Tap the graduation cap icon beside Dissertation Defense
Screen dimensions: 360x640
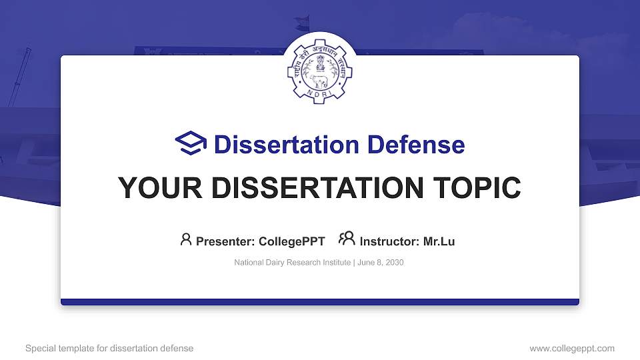[x=191, y=144]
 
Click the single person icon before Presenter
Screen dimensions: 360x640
[x=186, y=239]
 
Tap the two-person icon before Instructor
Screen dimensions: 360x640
[x=347, y=239]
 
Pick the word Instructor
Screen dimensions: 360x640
[x=388, y=241]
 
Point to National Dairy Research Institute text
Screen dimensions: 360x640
[x=293, y=263]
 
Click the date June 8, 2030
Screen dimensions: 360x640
[x=380, y=263]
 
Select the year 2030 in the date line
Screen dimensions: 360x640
[x=394, y=263]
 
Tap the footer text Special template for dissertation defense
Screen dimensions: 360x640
[x=109, y=348]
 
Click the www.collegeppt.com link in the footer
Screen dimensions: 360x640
[x=572, y=348]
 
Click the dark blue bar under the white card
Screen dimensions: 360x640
[x=320, y=302]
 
